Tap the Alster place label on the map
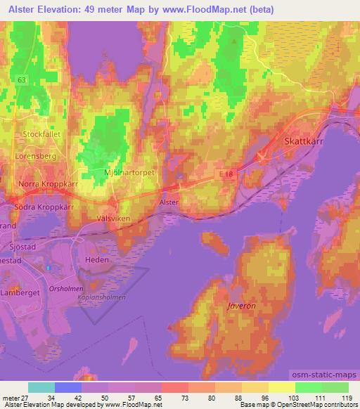pyautogui.click(x=169, y=202)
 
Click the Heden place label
pyautogui.click(x=97, y=259)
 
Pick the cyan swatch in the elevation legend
pyautogui.click(x=41, y=387)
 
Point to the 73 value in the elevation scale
pyautogui.click(x=175, y=397)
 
